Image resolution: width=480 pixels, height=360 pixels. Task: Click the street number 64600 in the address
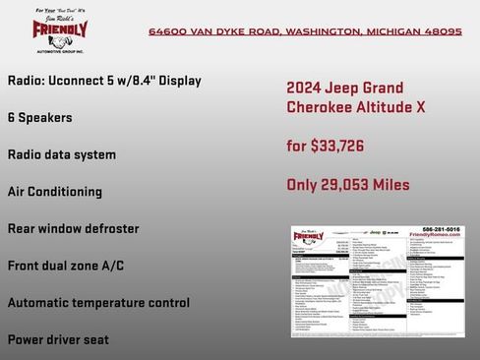(169, 31)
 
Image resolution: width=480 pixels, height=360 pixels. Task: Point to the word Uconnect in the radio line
(84, 80)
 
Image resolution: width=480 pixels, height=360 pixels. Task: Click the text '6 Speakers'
(39, 117)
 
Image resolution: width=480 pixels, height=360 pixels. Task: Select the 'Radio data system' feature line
(62, 154)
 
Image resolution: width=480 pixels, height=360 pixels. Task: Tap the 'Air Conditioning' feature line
(55, 192)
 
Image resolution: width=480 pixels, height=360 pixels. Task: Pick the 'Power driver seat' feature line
(58, 339)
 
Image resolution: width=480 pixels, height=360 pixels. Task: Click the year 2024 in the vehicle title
(305, 88)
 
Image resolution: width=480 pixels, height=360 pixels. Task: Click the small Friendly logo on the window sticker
(314, 237)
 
